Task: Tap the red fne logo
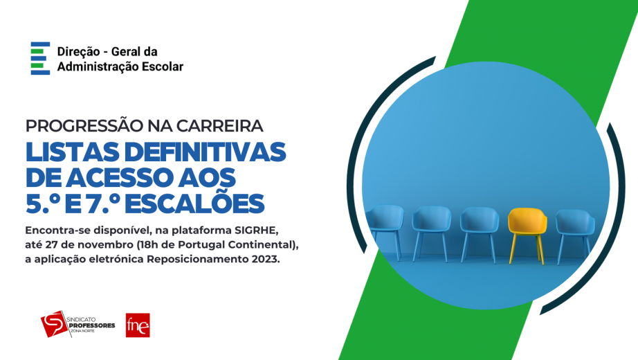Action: (x=138, y=325)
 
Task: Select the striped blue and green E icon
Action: (x=40, y=58)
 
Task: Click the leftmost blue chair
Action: (x=384, y=225)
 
